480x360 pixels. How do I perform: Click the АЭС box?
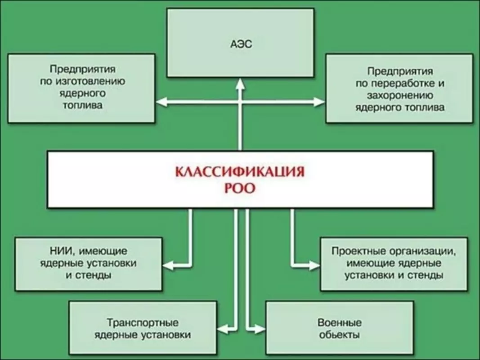point(240,43)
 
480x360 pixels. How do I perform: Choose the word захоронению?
point(400,95)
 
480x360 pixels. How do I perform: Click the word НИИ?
point(60,250)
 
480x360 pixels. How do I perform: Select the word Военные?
point(339,323)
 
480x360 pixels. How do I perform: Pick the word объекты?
point(339,335)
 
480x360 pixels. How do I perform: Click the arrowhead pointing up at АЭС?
point(240,83)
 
